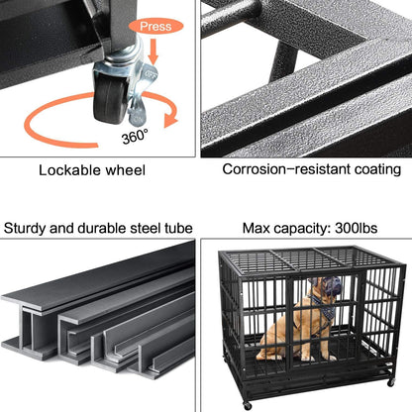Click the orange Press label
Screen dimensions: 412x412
(156, 27)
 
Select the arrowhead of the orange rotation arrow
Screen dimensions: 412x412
(174, 119)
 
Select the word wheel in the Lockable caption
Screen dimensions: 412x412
(126, 170)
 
